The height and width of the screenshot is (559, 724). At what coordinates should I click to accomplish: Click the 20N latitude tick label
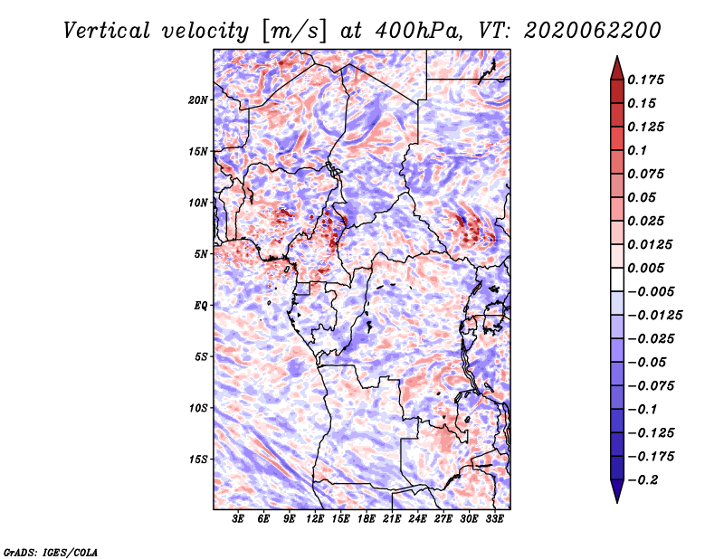[x=198, y=99]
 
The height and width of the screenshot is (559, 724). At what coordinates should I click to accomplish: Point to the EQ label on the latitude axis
[x=200, y=305]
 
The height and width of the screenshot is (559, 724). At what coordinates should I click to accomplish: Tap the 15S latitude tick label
[x=198, y=460]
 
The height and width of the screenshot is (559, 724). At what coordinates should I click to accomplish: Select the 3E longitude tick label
[x=238, y=519]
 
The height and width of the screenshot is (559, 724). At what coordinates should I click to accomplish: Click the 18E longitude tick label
[x=367, y=519]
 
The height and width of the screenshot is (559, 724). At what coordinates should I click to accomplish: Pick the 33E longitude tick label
[x=494, y=519]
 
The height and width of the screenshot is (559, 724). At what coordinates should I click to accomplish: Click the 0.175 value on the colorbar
[x=645, y=80]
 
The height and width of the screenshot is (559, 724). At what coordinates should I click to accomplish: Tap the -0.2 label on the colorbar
[x=643, y=480]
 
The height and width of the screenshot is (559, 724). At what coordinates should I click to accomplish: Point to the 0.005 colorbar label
[x=645, y=268]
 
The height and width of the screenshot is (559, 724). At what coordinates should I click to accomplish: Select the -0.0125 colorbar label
[x=655, y=316]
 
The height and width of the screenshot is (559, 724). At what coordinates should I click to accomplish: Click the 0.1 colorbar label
[x=637, y=150]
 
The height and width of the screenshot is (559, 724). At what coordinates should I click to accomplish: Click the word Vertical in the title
[x=107, y=31]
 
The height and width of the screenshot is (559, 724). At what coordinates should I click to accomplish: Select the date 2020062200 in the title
[x=593, y=31]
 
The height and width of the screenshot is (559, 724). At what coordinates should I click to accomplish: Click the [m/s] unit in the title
[x=293, y=32]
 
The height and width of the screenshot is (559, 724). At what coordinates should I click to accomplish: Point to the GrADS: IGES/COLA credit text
[x=51, y=552]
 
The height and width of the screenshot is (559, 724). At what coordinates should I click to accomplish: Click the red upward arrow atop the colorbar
[x=617, y=69]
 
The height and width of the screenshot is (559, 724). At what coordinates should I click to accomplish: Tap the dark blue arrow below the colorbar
[x=617, y=490]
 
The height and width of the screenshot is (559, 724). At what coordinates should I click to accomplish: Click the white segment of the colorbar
[x=617, y=279]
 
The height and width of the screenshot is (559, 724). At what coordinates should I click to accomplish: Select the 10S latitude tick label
[x=198, y=408]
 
